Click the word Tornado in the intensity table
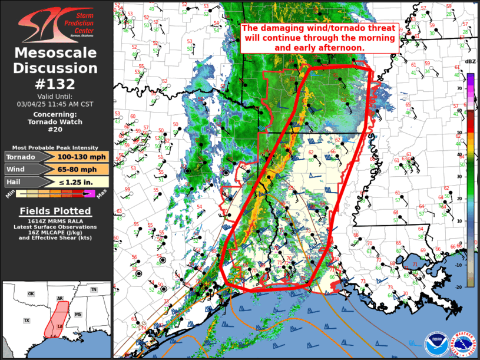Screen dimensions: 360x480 21,157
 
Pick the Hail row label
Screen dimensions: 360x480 15,181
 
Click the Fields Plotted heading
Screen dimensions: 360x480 56,211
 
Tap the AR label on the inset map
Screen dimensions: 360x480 60,299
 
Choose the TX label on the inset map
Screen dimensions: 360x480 27,321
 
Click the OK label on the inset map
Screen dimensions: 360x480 31,293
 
